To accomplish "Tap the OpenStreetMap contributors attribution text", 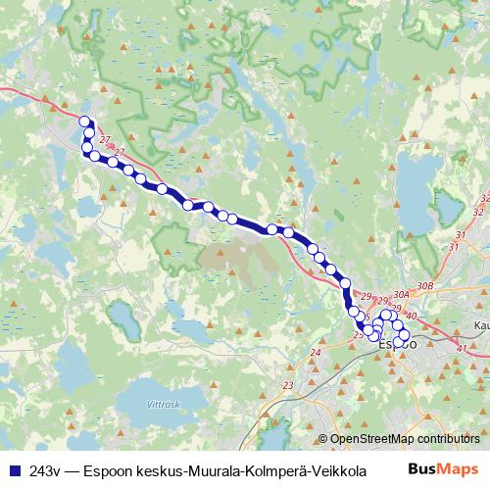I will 406,440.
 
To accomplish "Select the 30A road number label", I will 400,292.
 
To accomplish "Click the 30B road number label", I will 424,285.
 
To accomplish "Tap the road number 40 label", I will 411,316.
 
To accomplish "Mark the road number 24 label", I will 316,353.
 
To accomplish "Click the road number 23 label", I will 287,385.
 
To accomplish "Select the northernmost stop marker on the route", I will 85,122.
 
